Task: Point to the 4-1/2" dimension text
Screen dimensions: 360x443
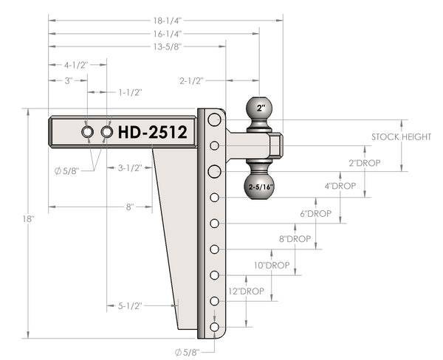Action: (x=75, y=65)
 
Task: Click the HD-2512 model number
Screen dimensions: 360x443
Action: (x=152, y=133)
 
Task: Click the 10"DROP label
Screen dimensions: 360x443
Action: (x=272, y=265)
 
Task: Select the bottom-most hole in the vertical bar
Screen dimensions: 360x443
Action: (x=214, y=327)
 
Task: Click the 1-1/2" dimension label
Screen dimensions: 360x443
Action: (x=130, y=92)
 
